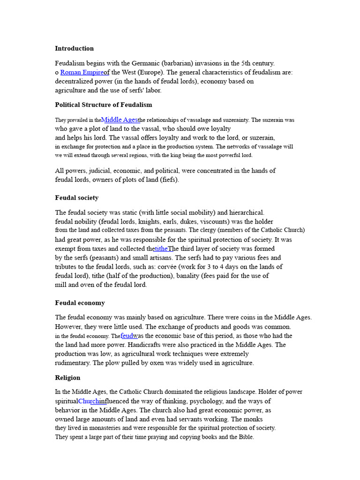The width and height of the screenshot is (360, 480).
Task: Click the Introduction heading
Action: (74, 48)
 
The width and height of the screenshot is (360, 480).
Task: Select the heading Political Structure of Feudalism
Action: (103, 105)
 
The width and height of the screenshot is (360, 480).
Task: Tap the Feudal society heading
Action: (76, 198)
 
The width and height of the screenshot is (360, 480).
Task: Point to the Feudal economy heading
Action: (80, 303)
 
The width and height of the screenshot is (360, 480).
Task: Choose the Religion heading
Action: (67, 378)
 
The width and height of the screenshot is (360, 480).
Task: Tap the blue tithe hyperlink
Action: (161, 248)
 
